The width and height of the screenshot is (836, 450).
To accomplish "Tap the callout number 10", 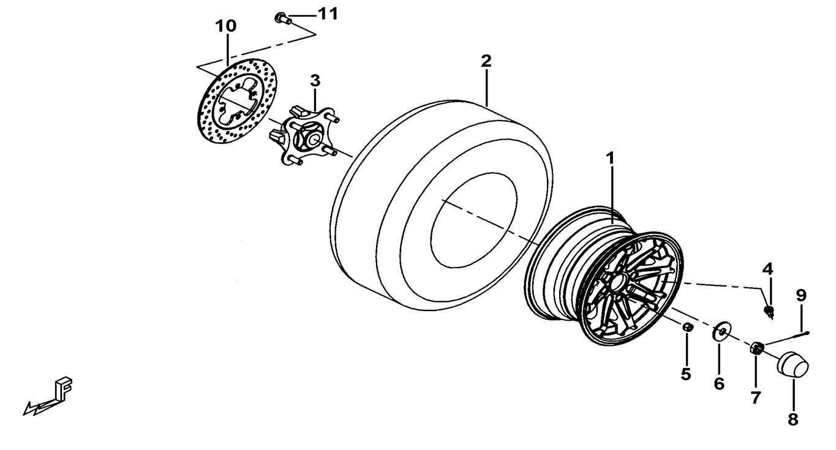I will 225,26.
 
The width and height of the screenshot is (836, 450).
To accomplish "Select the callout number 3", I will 314,80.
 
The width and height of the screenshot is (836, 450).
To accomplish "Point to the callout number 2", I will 486,61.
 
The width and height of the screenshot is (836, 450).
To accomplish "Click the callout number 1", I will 610,158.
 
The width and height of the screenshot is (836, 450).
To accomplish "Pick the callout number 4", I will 768,268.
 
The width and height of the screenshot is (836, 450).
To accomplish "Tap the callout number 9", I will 801,295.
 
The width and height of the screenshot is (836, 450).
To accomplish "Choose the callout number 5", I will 686,373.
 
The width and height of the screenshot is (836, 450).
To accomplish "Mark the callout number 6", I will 719,383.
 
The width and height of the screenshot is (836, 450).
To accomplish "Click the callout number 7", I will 756,397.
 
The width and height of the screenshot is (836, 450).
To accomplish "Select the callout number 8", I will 793,419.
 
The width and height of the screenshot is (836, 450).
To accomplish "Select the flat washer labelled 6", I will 721,332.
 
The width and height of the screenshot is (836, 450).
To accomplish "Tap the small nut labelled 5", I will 687,328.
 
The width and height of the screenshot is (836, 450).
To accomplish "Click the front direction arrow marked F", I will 52,397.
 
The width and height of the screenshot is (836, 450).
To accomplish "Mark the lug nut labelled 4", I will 769,312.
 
